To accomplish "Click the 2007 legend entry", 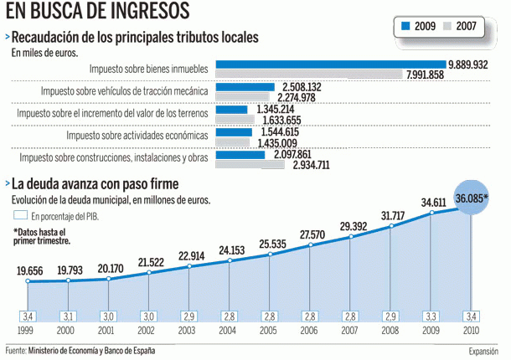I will (460, 27).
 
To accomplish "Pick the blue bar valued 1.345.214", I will (231, 109).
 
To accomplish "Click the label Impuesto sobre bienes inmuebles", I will (149, 68).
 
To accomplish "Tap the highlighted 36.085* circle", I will (472, 199).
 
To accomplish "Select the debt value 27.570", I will (312, 234).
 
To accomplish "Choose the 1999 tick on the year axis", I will (27, 332).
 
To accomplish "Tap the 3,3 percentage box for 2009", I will (431, 316).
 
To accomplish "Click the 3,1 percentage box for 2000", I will (68, 316).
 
